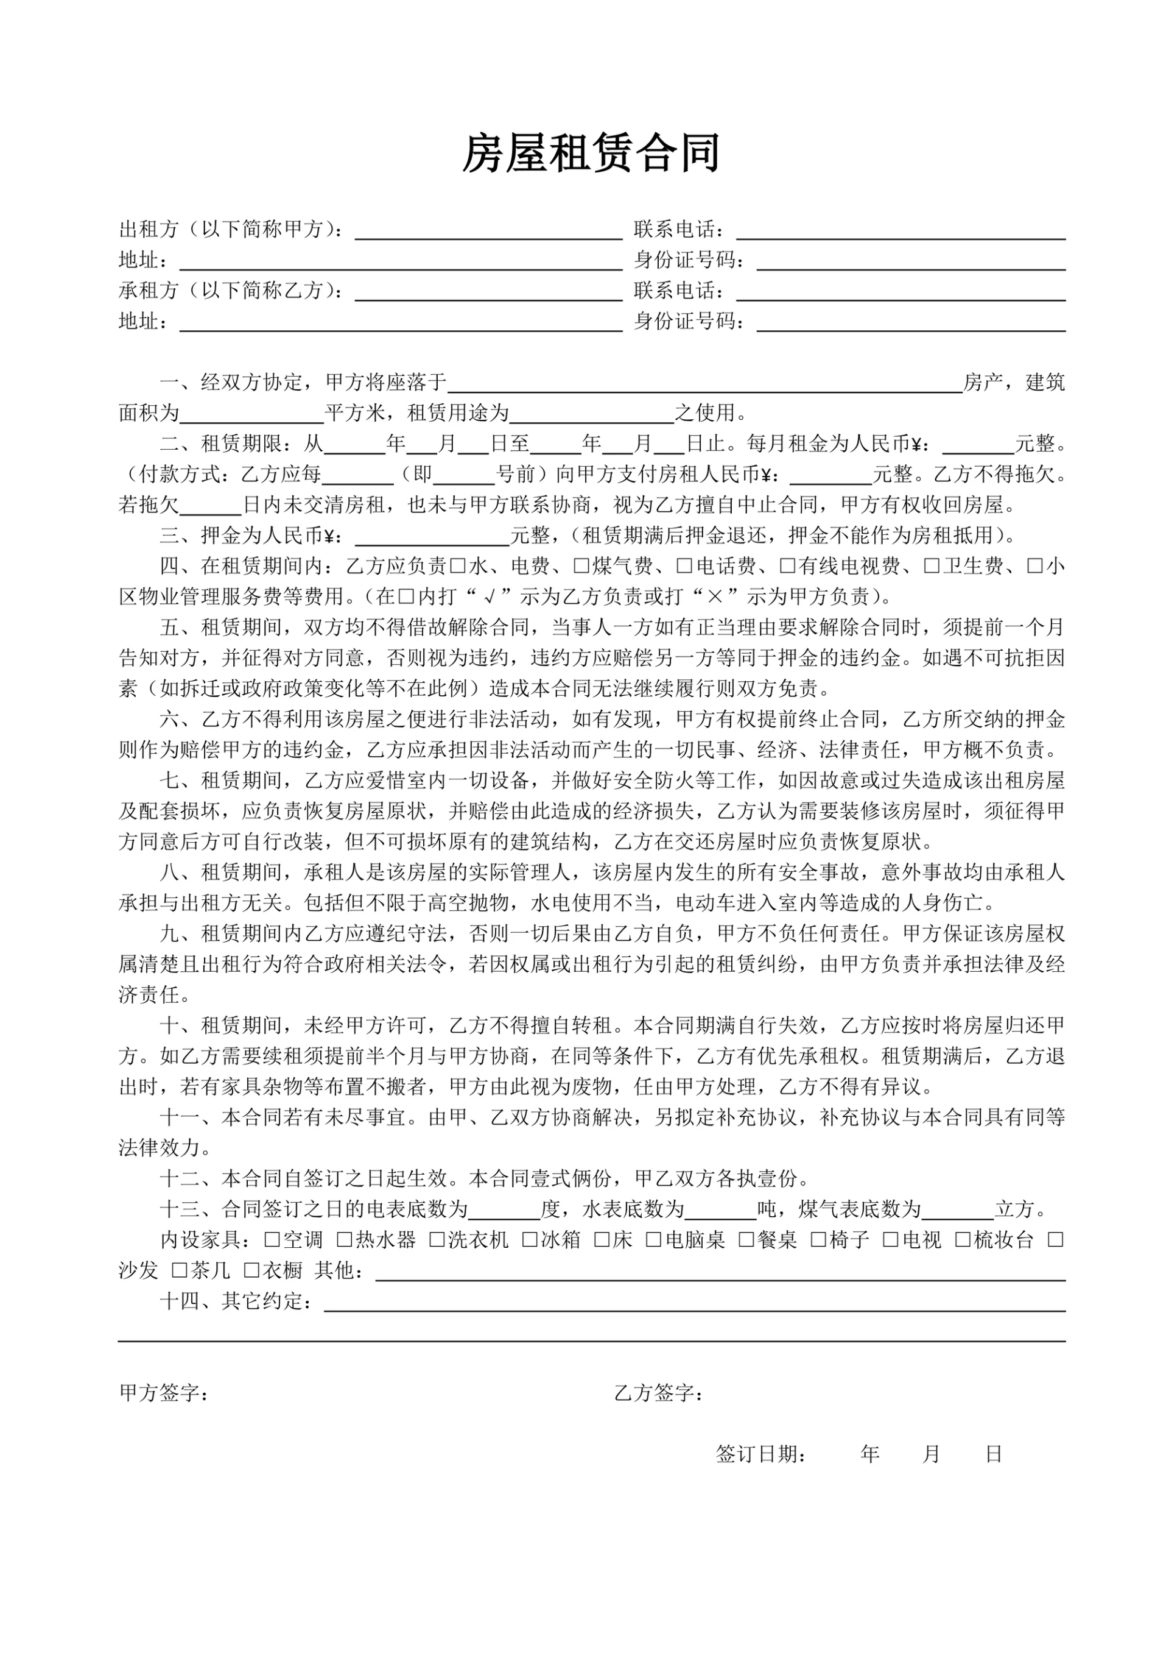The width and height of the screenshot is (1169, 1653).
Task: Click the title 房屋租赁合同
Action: point(590,154)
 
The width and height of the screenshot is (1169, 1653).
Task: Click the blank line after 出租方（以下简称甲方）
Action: point(488,230)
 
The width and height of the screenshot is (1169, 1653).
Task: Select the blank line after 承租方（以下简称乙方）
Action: point(488,291)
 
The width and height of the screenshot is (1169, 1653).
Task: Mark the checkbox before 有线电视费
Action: point(787,567)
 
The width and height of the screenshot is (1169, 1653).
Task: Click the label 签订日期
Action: point(760,1454)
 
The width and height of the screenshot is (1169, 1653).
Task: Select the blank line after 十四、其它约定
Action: point(694,1301)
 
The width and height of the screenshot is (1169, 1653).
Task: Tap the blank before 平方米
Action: point(252,414)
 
